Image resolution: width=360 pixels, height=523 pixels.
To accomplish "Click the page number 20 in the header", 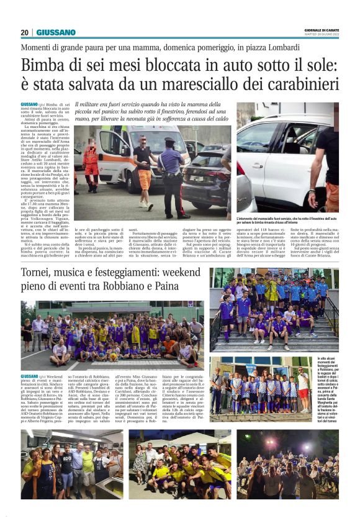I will pyautogui.click(x=25, y=32).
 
